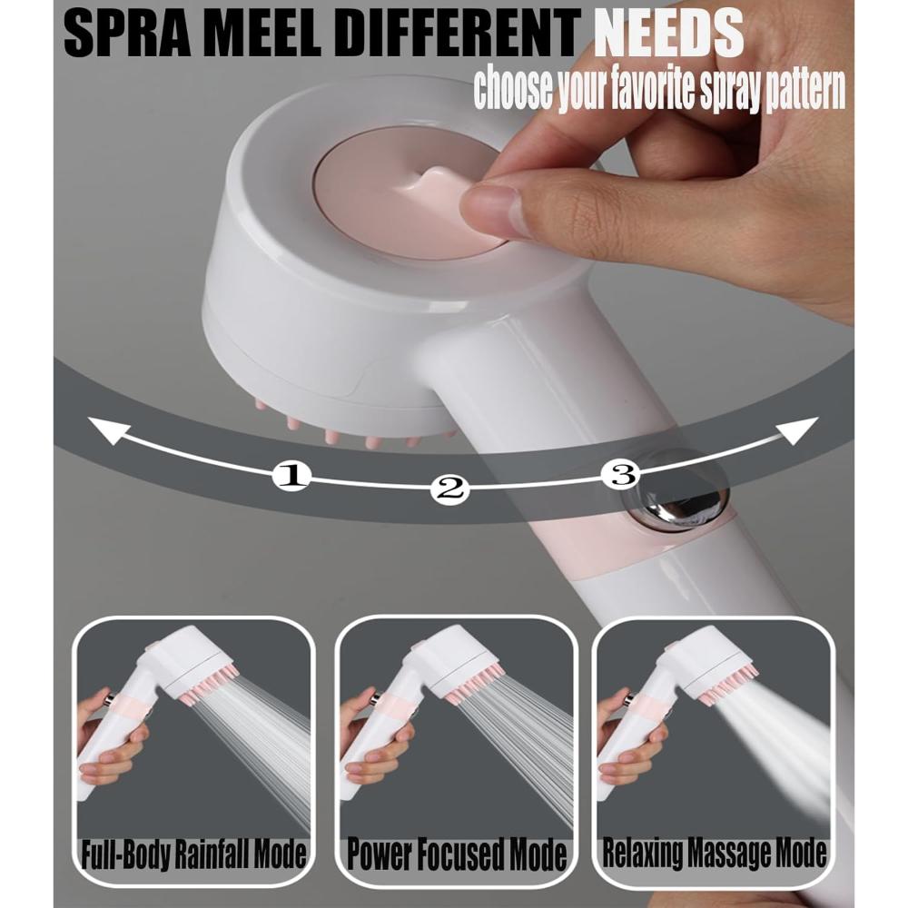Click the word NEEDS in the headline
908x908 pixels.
[669, 34]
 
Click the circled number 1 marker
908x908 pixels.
[291, 476]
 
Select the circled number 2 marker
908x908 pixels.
[449, 489]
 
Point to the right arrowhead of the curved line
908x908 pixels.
[798, 430]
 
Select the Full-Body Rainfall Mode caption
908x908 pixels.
[193, 854]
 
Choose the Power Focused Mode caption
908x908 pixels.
[457, 854]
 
